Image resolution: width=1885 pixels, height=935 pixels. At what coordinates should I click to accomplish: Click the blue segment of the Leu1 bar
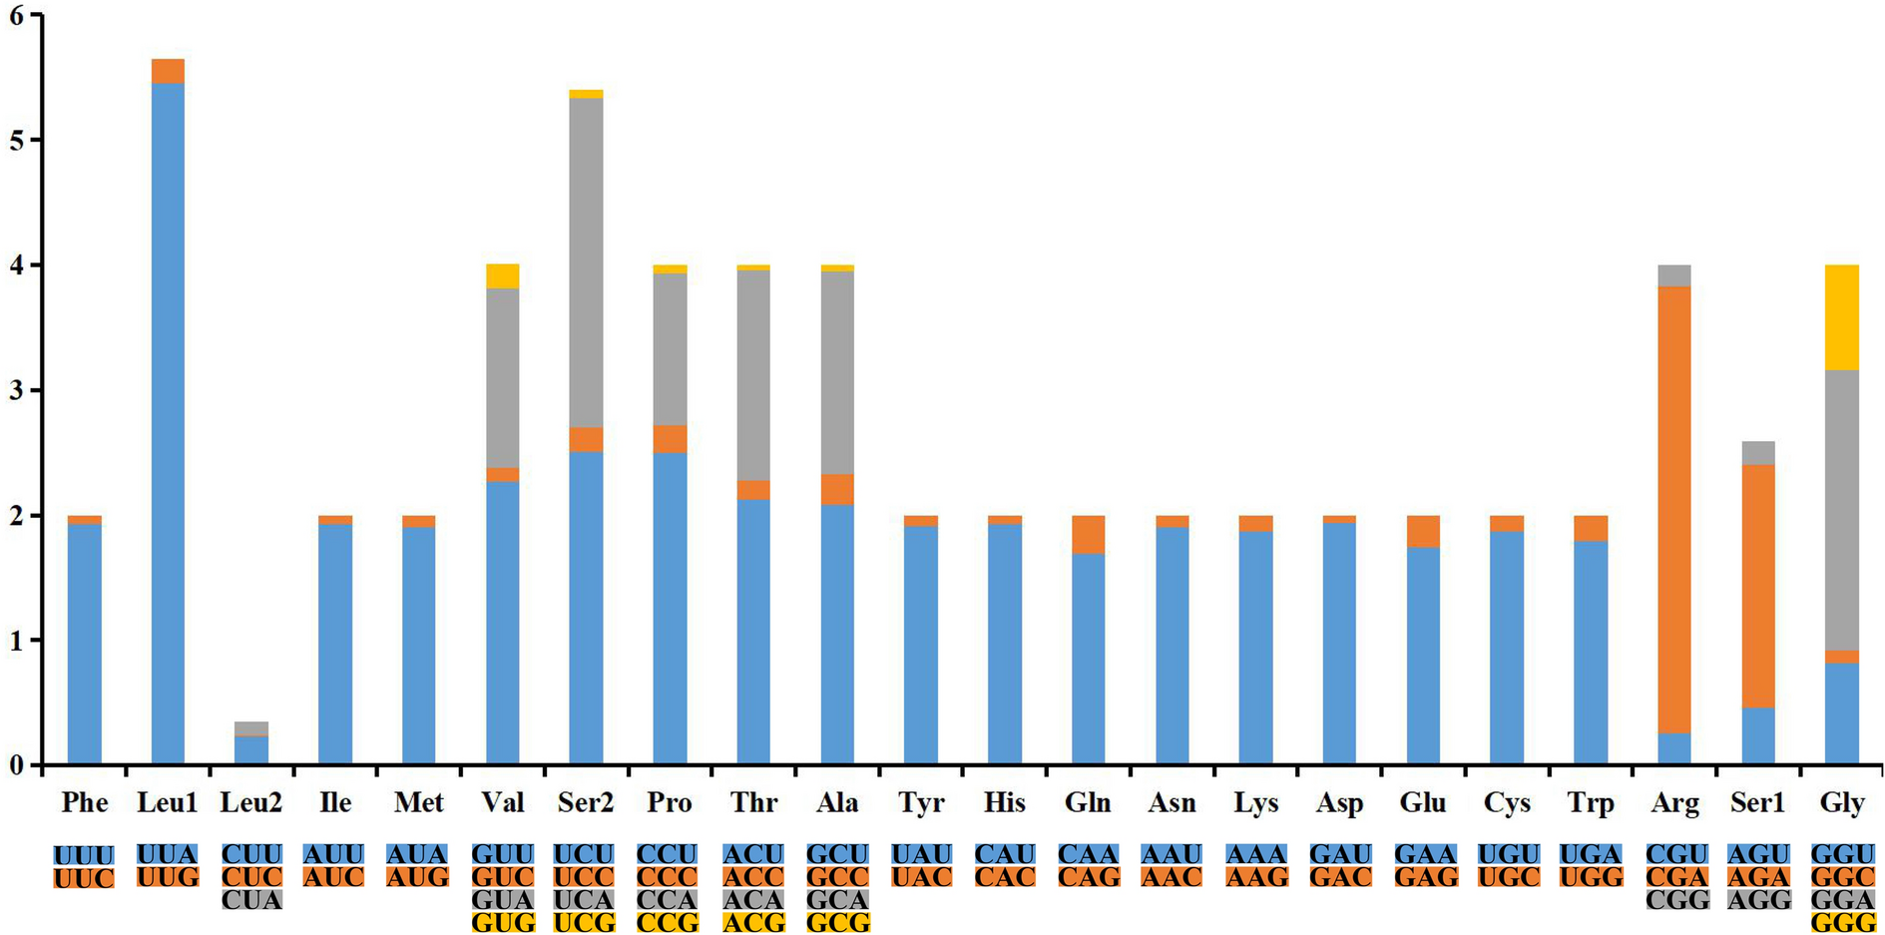coord(168,419)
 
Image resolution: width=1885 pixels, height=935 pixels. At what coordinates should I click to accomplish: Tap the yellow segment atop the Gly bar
coord(1842,317)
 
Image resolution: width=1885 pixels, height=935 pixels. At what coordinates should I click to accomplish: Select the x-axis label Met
coord(418,802)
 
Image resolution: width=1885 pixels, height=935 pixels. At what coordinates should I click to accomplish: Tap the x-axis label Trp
coord(1591,802)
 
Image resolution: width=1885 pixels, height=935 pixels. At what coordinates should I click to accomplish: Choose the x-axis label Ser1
coord(1758,802)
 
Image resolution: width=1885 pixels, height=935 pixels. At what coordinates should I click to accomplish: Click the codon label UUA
coord(168,855)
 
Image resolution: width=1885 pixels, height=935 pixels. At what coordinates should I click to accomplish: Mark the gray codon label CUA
coord(251,900)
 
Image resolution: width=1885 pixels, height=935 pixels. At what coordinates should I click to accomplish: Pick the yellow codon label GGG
coord(1842,923)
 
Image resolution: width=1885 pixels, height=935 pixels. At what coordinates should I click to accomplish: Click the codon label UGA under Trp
coord(1591,855)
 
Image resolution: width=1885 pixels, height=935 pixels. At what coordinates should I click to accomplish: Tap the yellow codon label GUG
coord(503,923)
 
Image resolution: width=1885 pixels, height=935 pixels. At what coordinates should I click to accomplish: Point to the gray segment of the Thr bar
coord(753,374)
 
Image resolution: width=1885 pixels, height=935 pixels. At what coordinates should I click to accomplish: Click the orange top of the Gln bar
coord(1088,534)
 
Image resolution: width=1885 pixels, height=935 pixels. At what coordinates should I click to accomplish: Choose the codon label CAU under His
coord(1005,855)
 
